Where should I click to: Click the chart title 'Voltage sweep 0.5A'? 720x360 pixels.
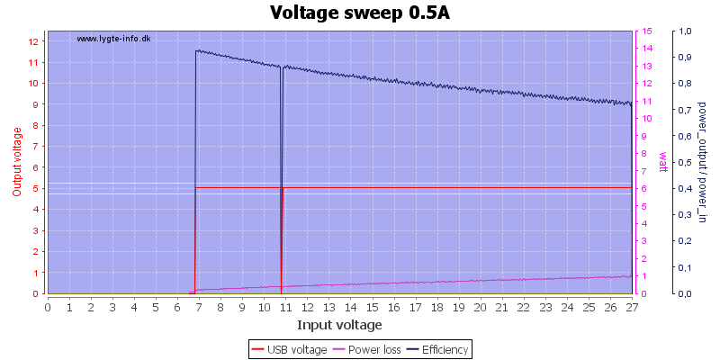pos(359,13)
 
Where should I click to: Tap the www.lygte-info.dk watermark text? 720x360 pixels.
pos(114,39)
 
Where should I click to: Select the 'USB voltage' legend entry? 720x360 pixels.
pos(288,350)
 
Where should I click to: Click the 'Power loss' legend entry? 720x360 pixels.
pos(366,350)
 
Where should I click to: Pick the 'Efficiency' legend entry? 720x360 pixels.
pos(436,350)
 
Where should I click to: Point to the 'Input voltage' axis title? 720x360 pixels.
pos(339,325)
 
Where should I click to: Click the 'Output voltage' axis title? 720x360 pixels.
pos(17,162)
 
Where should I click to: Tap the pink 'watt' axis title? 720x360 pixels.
pos(663,162)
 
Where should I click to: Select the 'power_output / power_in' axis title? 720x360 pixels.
pos(702,163)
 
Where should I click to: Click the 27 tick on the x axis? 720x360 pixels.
pos(632,307)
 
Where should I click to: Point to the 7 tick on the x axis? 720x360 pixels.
pos(199,307)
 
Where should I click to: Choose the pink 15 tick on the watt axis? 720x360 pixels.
pos(647,31)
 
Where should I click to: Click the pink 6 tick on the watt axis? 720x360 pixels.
pos(644,189)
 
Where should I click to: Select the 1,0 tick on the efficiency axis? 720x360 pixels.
pos(686,31)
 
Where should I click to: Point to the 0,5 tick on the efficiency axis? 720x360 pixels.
pos(686,163)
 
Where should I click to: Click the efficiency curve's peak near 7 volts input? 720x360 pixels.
pos(196,50)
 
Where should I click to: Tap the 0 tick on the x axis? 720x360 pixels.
pos(48,307)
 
